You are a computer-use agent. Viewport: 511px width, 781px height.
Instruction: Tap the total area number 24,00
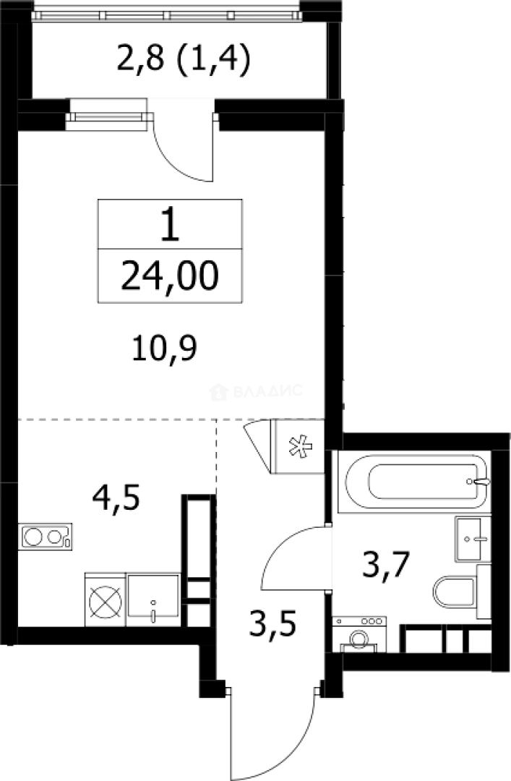pyautogui.click(x=169, y=276)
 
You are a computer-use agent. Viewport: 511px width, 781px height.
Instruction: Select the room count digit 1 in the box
pyautogui.click(x=170, y=225)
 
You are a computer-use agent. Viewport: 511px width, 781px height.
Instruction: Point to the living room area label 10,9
pyautogui.click(x=164, y=349)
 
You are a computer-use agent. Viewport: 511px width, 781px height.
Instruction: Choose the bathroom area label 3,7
pyautogui.click(x=386, y=566)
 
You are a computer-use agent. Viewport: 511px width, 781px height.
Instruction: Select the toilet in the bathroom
pyautogui.click(x=456, y=592)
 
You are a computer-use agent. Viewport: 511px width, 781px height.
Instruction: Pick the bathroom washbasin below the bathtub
pyautogui.click(x=473, y=539)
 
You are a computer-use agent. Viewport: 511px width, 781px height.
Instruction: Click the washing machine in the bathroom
pyautogui.click(x=359, y=633)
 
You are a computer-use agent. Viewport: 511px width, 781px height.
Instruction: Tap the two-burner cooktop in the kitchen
pyautogui.click(x=46, y=537)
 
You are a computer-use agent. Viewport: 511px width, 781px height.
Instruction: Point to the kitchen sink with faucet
pyautogui.click(x=153, y=599)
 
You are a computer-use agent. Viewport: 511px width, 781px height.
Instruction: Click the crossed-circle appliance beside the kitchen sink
pyautogui.click(x=105, y=599)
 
